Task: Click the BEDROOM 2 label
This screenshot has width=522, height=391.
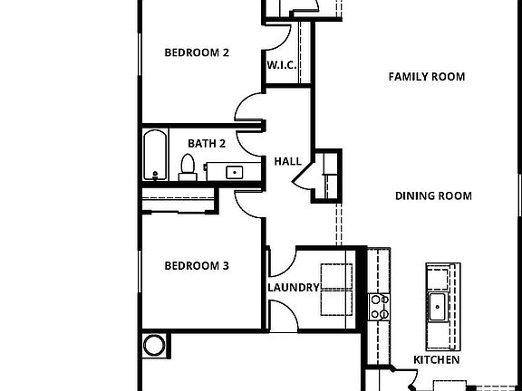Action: click(x=196, y=52)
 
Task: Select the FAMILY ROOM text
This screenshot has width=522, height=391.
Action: click(x=426, y=77)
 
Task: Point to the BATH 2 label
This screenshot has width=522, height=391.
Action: click(x=207, y=143)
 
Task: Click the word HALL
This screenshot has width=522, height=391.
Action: click(x=287, y=161)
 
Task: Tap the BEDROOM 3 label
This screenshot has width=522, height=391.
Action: click(x=196, y=266)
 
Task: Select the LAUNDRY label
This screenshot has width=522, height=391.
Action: click(x=293, y=288)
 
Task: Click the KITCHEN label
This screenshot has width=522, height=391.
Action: click(x=436, y=359)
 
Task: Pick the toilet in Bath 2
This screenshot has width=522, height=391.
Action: click(x=188, y=167)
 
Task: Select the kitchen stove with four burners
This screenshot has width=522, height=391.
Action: click(x=378, y=307)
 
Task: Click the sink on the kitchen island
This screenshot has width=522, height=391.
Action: click(x=438, y=306)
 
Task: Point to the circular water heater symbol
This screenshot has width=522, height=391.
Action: click(x=155, y=345)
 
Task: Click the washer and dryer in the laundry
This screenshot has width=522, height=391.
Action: click(x=335, y=288)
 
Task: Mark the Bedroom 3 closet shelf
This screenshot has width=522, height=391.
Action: click(x=178, y=198)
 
